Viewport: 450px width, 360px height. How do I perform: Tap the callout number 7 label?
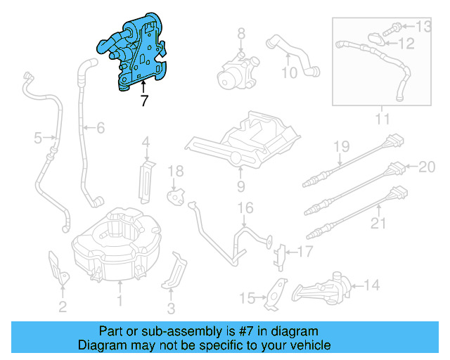[x=144, y=101]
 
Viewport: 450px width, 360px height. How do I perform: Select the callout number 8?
[x=240, y=34]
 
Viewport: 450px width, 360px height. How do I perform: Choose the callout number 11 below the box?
[x=381, y=120]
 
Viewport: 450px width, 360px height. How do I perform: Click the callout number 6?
[x=100, y=127]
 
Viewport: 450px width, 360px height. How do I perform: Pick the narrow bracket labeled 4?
[x=146, y=179]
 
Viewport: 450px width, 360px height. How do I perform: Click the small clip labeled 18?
[x=174, y=194]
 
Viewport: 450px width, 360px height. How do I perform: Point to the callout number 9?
[x=240, y=186]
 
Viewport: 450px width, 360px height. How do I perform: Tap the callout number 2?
[x=63, y=306]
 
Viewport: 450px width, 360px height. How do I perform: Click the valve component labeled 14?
[x=323, y=288]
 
